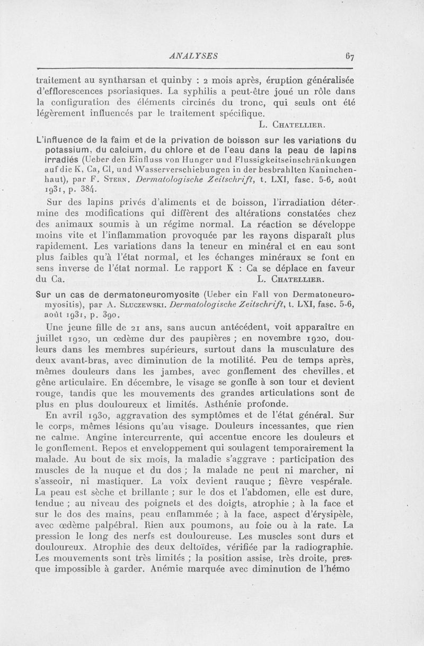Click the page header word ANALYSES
point(189,54)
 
